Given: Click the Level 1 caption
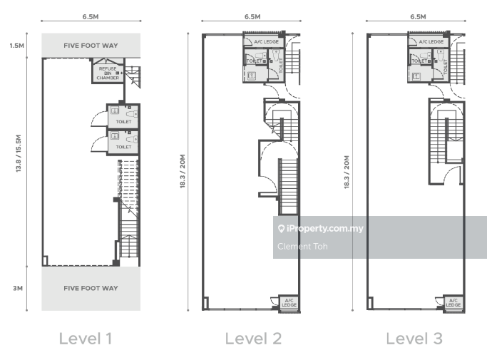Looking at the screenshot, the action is [86, 339].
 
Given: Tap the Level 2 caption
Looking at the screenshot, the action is [253, 339].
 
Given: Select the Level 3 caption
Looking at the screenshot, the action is [414, 339].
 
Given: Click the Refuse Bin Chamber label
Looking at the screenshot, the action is [108, 73].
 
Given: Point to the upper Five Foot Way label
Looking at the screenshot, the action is [91, 46].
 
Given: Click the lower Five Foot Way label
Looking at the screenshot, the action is [91, 288].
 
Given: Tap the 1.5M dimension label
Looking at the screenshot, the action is [17, 46].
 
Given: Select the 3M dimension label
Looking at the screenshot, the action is [18, 288].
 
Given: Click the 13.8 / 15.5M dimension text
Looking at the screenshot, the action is [19, 153].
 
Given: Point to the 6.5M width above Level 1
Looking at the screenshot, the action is [91, 17].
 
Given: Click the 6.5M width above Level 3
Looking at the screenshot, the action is [418, 17].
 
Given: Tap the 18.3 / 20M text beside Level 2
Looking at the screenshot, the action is [183, 171].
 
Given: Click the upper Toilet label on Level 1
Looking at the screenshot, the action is [123, 122].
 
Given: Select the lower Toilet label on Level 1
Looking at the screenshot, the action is [123, 147].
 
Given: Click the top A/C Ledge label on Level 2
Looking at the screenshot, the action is [266, 41].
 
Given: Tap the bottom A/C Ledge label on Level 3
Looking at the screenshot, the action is [453, 302].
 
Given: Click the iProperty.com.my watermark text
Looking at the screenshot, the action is [325, 229].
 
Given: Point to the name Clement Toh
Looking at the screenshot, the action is [302, 247].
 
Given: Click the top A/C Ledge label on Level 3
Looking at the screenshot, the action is [431, 41].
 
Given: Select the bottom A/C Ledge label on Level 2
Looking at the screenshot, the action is [289, 302].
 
